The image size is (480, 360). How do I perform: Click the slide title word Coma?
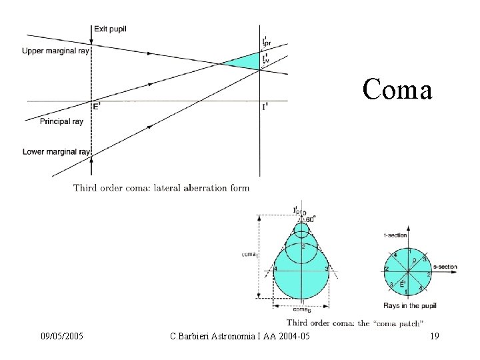tap(398, 89)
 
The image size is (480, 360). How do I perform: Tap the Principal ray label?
tap(61, 121)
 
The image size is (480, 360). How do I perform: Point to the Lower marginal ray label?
tap(56, 152)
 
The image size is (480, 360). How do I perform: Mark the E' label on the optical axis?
tap(96, 106)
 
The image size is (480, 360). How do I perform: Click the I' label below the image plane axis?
tap(265, 107)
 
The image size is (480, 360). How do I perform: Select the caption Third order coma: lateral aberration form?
tap(161, 188)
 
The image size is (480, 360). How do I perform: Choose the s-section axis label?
tap(445, 267)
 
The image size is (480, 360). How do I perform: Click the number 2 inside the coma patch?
tap(303, 247)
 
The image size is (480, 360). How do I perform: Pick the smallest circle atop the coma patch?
tap(302, 229)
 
